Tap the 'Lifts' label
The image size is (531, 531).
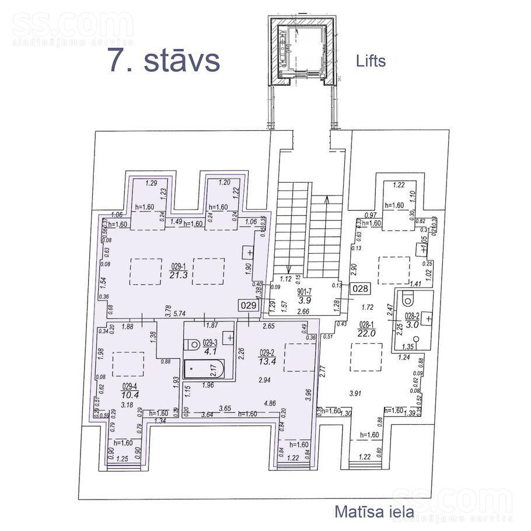pos(371,60)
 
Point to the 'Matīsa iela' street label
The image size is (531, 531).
pos(374,512)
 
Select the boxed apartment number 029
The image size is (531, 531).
pos(248,305)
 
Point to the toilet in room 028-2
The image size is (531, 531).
pos(408,299)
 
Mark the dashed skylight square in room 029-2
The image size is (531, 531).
pos(299,357)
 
